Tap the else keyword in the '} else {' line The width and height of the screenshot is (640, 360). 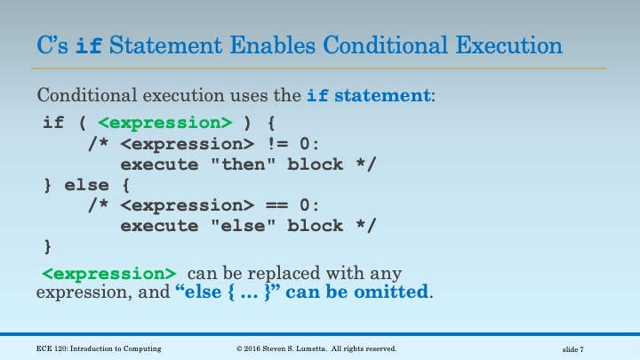(x=87, y=185)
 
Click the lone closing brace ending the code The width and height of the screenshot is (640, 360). (x=48, y=246)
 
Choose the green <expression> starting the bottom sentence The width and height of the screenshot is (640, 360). (x=109, y=272)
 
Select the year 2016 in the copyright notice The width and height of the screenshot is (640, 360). (x=255, y=348)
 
